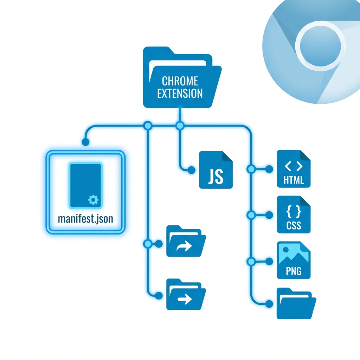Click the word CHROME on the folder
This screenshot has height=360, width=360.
180,81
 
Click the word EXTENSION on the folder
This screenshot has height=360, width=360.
180,94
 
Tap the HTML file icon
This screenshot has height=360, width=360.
294,168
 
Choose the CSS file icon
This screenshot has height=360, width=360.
294,214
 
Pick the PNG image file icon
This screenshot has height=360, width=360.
294,260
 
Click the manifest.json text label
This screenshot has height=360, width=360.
85,219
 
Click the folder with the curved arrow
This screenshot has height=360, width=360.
186,242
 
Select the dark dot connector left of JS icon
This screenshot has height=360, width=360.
192,170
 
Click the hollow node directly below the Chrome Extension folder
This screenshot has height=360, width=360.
180,125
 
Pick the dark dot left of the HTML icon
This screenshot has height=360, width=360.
270,169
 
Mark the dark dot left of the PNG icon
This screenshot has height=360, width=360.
270,261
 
